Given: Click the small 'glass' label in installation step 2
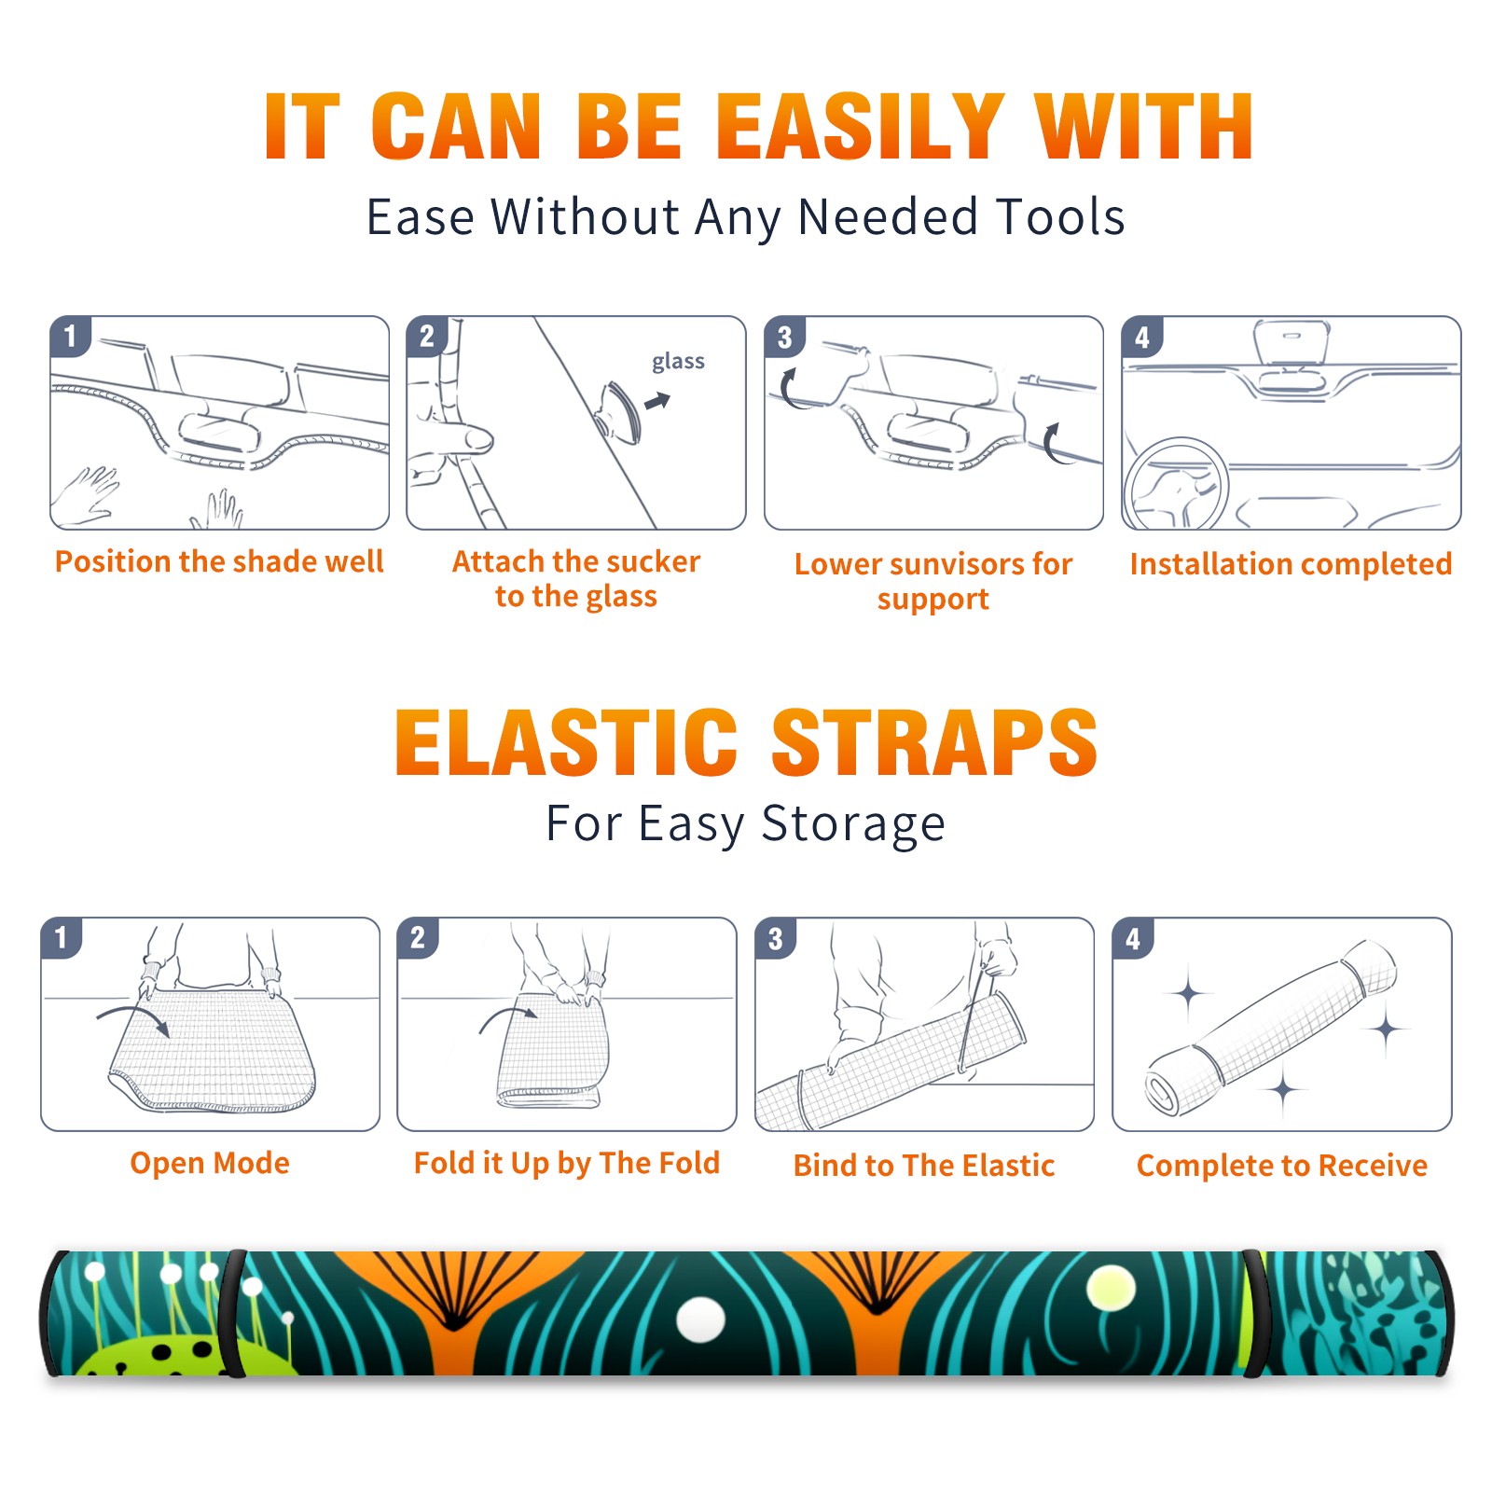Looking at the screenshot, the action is pyautogui.click(x=678, y=362).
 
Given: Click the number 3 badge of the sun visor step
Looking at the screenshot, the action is pyautogui.click(x=784, y=337).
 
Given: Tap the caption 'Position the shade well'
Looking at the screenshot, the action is pyautogui.click(x=219, y=561).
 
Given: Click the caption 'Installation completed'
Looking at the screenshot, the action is pyautogui.click(x=1291, y=564).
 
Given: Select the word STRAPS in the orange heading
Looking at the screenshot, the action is pyautogui.click(x=934, y=742).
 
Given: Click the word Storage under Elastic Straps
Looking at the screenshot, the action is pyautogui.click(x=853, y=824).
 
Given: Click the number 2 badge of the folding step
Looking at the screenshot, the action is pyautogui.click(x=418, y=937).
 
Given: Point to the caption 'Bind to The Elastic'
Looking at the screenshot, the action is pyautogui.click(x=923, y=1166).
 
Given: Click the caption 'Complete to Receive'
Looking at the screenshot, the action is pyautogui.click(x=1282, y=1166).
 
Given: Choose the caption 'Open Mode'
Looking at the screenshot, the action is pyautogui.click(x=210, y=1163).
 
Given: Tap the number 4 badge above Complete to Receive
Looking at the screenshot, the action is pyautogui.click(x=1133, y=938).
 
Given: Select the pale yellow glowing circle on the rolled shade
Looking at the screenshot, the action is pyautogui.click(x=1111, y=1291).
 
